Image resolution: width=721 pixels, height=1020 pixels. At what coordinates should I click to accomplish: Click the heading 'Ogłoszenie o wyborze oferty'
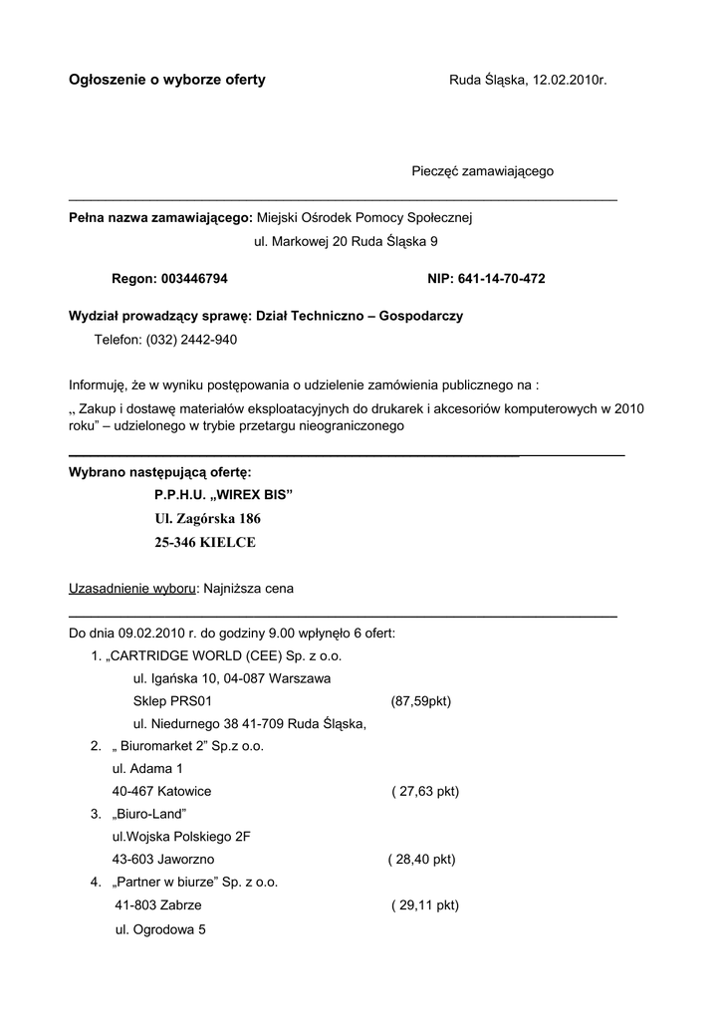(166, 80)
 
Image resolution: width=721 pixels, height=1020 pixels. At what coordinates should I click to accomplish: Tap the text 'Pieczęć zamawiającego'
(483, 171)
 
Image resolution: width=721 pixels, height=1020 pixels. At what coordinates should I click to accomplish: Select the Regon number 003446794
(194, 279)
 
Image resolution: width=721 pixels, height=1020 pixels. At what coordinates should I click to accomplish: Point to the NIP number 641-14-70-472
(500, 279)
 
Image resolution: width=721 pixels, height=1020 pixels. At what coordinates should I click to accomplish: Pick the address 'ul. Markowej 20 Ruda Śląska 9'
(347, 241)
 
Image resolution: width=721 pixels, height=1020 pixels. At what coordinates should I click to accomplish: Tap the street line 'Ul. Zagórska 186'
(207, 519)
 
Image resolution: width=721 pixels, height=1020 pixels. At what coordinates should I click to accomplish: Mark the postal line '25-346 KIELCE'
(205, 543)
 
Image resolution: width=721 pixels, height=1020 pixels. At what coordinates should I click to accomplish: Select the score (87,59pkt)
(421, 701)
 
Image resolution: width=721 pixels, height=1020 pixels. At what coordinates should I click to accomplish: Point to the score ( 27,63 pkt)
(425, 792)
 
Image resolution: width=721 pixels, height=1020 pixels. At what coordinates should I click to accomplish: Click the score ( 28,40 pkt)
(421, 860)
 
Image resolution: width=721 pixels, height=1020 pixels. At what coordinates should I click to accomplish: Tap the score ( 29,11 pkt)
(425, 905)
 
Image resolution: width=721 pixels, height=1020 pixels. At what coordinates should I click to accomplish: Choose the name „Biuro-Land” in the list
(150, 815)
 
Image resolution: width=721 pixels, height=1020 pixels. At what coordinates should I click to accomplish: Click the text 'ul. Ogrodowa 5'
(160, 929)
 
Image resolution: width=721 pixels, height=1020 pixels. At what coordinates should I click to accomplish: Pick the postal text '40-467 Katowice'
(161, 792)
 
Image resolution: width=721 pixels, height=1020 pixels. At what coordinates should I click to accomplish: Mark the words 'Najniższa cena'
(249, 589)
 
